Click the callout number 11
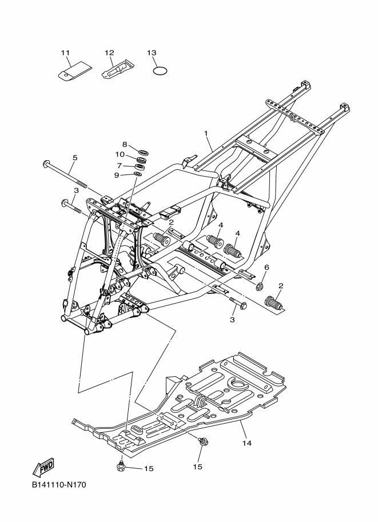tap(65, 53)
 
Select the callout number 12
tap(109, 53)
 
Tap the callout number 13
tap(152, 53)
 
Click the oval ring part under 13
tap(160, 70)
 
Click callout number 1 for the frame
tap(206, 133)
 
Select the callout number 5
tap(75, 157)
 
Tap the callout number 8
tap(125, 144)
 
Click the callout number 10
tap(120, 154)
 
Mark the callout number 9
tap(117, 175)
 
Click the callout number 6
tap(266, 268)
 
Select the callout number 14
tap(246, 443)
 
